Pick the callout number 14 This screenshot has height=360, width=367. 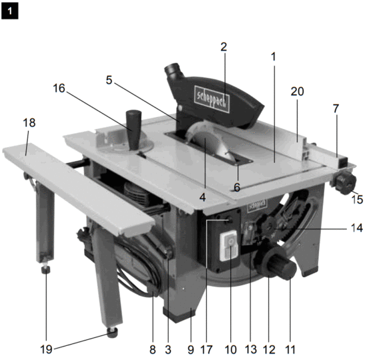356,228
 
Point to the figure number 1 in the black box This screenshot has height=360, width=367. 10,11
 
